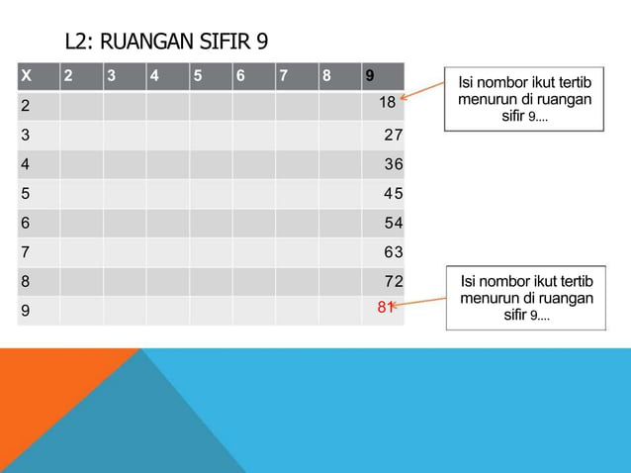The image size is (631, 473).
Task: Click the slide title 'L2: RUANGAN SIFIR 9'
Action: click(x=166, y=43)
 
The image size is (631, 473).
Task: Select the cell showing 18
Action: click(x=387, y=103)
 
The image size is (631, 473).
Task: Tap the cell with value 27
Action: click(x=394, y=135)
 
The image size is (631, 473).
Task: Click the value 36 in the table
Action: click(x=394, y=164)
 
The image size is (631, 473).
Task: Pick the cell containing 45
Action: click(x=394, y=194)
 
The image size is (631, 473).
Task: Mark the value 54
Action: click(x=394, y=224)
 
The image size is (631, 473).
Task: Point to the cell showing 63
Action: click(x=394, y=253)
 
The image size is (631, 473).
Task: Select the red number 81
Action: click(x=386, y=307)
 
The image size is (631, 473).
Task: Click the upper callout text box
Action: click(x=524, y=100)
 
